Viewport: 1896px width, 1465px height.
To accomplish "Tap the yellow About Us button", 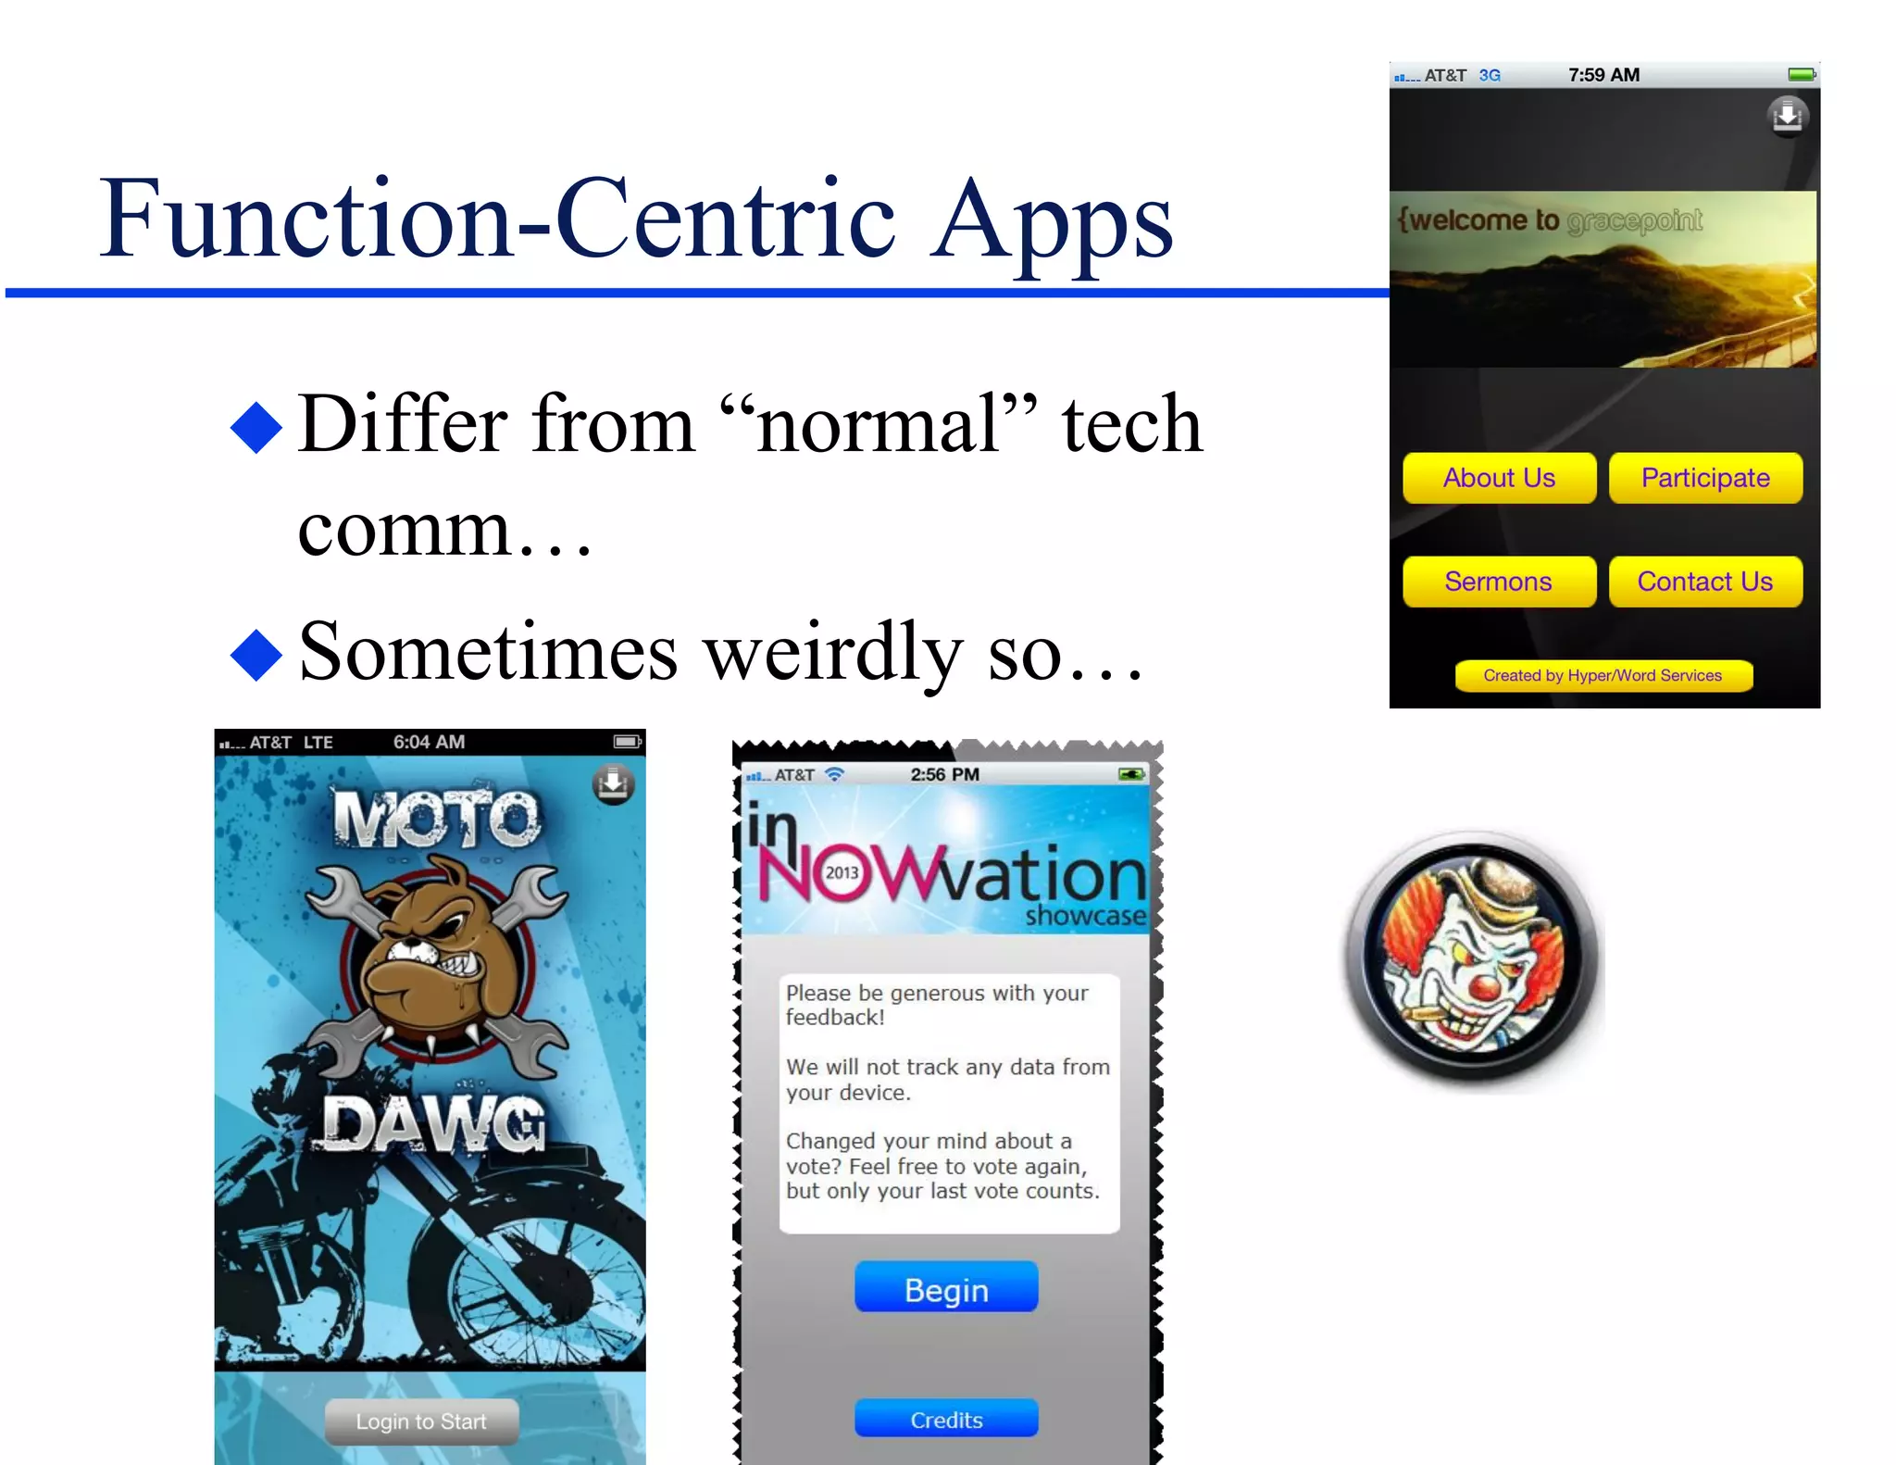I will click(1499, 478).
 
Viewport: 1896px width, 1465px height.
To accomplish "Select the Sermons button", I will click(1499, 582).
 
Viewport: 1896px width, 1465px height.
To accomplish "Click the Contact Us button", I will click(1705, 582).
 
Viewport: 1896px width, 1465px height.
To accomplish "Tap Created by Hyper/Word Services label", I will click(1603, 676).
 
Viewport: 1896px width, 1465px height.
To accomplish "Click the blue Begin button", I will click(946, 1289).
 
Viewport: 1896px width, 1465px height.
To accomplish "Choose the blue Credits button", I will click(946, 1420).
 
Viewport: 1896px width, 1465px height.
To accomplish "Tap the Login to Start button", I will click(421, 1421).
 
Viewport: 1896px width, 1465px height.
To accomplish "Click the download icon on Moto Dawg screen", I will click(613, 783).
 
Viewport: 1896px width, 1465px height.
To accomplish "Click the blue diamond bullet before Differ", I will click(256, 427).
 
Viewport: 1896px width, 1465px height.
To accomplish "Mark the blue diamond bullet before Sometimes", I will click(256, 655).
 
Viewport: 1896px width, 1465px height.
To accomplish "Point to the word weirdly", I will click(833, 653).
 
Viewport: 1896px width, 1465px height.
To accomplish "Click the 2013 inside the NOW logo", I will click(842, 872).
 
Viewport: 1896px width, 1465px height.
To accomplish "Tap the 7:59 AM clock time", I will click(1603, 75).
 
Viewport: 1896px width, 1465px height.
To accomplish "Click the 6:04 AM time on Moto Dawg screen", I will click(429, 742).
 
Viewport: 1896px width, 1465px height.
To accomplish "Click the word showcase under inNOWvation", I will click(1085, 916).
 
